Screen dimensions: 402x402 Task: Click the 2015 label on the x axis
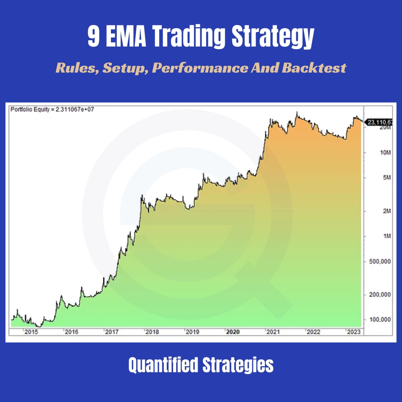[31, 332]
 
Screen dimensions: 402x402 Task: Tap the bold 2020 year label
[233, 332]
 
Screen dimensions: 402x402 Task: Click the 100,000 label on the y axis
[379, 320]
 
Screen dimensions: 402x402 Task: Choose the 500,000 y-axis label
[379, 261]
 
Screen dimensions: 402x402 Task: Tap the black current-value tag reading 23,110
[379, 122]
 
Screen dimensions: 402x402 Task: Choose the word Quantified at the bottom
[164, 366]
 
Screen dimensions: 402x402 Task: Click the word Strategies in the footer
[238, 366]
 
